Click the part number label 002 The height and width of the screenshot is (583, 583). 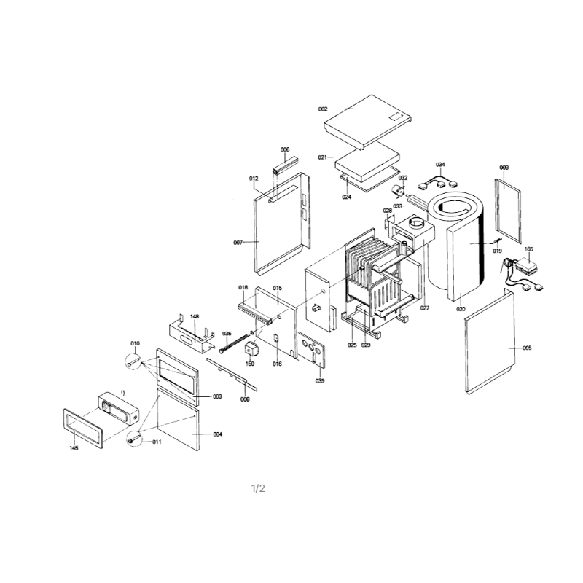click(x=323, y=109)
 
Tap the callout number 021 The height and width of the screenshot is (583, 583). click(x=322, y=157)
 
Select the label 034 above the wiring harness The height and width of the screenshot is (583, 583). click(x=440, y=165)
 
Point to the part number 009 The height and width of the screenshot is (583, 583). click(x=504, y=168)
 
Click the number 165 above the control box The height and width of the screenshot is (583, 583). click(x=529, y=249)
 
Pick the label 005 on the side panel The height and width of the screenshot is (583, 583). click(x=527, y=348)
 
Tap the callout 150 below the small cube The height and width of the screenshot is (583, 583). click(x=250, y=364)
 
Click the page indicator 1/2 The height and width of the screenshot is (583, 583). click(x=258, y=488)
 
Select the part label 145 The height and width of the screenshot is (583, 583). click(x=74, y=448)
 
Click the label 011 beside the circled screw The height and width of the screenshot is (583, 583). click(x=157, y=442)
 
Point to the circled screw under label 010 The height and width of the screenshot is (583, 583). click(x=133, y=361)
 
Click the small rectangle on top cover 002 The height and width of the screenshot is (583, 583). click(x=395, y=117)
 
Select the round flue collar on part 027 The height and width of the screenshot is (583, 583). click(x=416, y=224)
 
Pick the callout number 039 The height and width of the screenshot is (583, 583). click(x=320, y=380)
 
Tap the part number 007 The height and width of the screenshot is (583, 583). click(x=238, y=243)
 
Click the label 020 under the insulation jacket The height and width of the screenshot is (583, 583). click(x=461, y=309)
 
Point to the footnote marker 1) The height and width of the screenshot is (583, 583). click(x=122, y=393)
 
